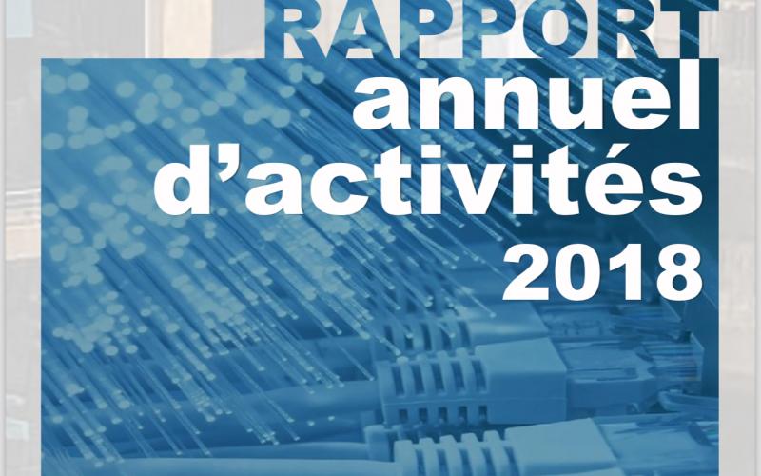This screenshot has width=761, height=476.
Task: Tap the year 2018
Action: pyautogui.click(x=602, y=269)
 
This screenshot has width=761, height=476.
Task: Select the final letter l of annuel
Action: pyautogui.click(x=693, y=95)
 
